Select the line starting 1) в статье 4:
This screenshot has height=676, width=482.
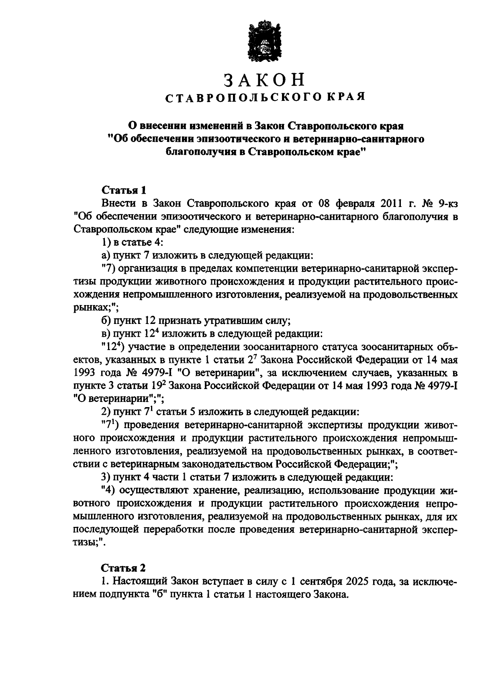point(132,242)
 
